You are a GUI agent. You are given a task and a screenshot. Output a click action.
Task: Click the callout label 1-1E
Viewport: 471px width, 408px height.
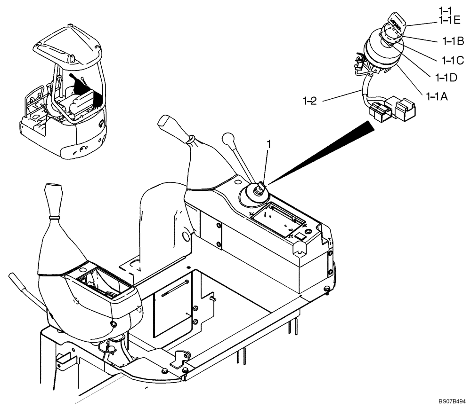(450, 20)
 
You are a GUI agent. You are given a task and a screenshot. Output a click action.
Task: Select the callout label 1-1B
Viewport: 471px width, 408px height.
(454, 41)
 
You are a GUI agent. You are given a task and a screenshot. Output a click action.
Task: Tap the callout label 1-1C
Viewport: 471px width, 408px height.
(453, 60)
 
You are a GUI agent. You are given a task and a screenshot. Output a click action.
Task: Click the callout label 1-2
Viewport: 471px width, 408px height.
(311, 99)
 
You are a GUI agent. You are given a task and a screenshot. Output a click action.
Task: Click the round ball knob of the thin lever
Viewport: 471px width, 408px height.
(228, 139)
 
